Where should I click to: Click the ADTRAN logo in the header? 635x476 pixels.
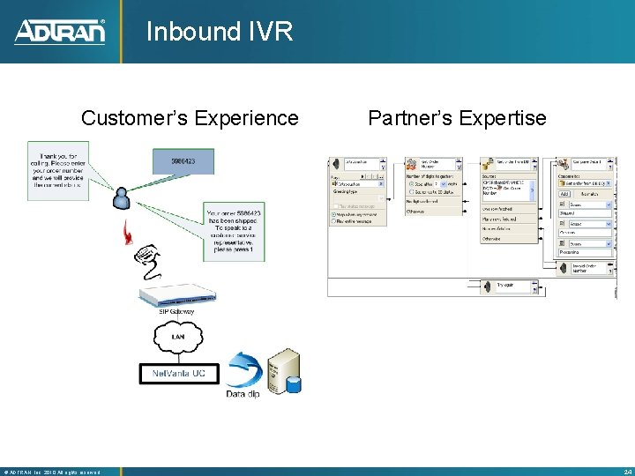[x=59, y=32]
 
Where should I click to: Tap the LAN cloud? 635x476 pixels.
[x=177, y=336]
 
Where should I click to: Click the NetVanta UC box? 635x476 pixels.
[x=177, y=374]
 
